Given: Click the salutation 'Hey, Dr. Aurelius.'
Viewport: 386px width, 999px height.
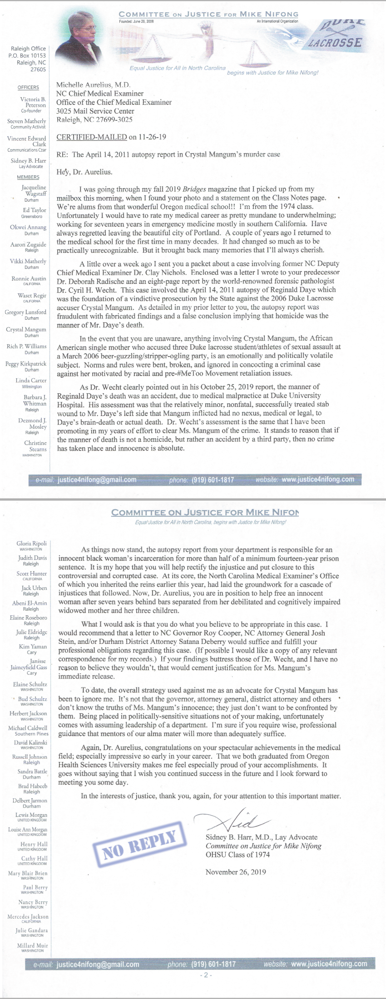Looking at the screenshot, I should point(84,172).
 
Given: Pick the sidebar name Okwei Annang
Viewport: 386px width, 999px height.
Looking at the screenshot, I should point(28,227).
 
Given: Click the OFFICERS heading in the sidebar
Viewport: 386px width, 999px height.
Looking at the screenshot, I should point(28,87).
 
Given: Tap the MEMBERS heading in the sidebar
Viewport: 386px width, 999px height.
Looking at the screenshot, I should point(28,177).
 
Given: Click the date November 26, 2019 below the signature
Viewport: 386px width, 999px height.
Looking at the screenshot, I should point(236,871).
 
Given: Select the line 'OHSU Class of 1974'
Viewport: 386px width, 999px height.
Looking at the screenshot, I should point(238,854).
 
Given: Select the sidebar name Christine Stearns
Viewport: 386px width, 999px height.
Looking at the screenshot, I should point(35,446).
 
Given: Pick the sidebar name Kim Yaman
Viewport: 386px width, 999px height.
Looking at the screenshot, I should point(33,646).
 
